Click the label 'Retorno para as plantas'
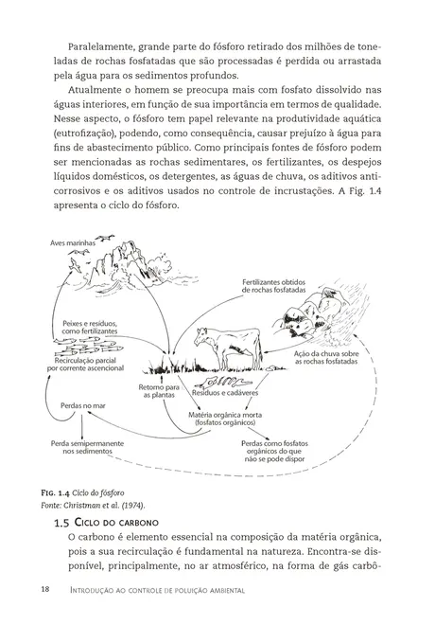pos(160,392)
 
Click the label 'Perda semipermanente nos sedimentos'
pos(76,448)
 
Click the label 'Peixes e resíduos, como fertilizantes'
pos(90,328)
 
